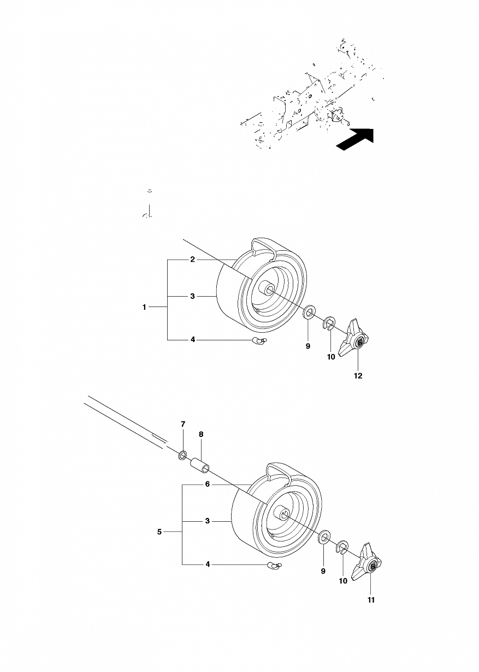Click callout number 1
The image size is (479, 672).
click(x=144, y=307)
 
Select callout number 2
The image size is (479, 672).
click(x=193, y=259)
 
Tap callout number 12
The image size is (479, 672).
click(x=358, y=375)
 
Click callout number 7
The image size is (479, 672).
click(x=183, y=424)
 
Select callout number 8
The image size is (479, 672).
click(x=201, y=434)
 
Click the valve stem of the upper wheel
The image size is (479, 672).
click(x=259, y=340)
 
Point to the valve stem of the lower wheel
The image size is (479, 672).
click(x=274, y=564)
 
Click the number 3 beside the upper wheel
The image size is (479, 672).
click(x=193, y=296)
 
